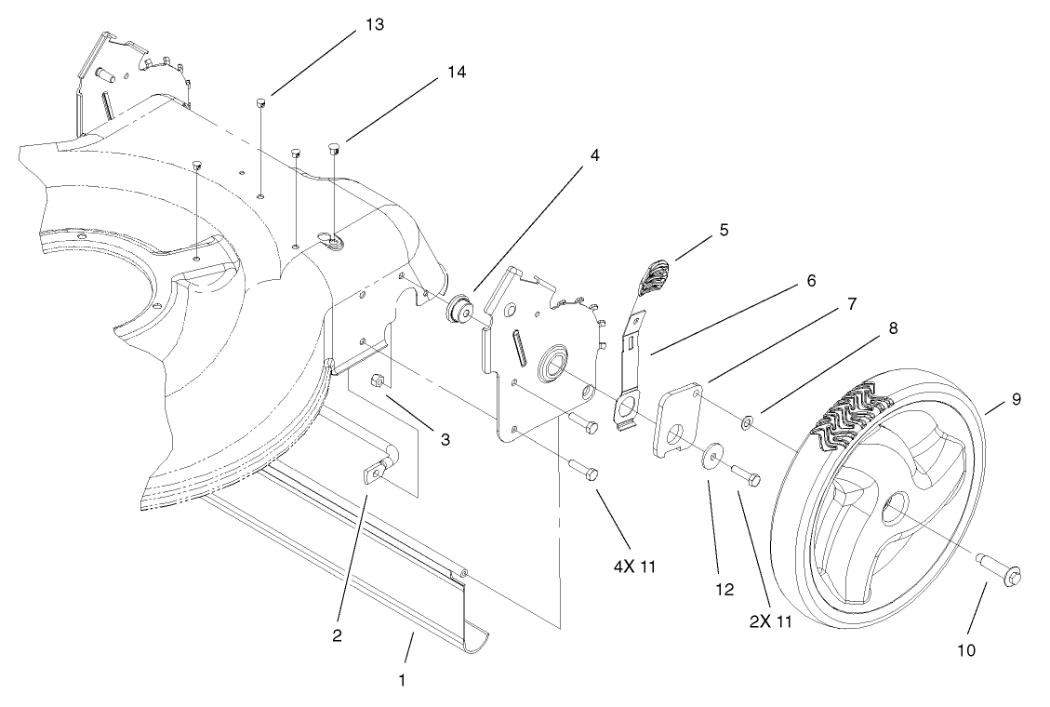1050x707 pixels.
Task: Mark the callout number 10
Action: point(965,650)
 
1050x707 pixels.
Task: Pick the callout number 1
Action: point(402,680)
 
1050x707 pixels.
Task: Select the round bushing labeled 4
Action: point(459,310)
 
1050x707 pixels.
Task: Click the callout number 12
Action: point(724,589)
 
